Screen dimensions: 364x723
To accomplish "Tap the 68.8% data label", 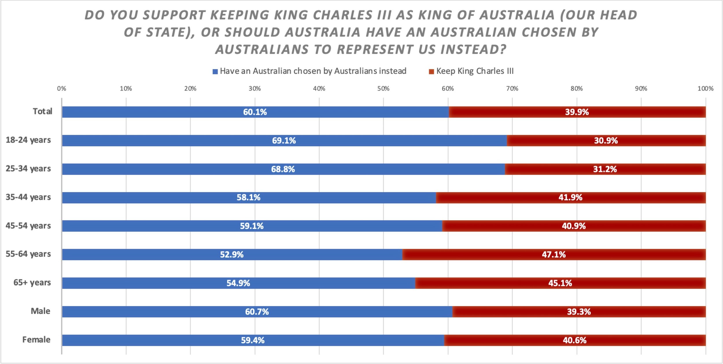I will click(x=283, y=169).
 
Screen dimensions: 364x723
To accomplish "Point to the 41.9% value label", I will click(x=570, y=198).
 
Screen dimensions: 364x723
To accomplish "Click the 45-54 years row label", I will click(x=28, y=226).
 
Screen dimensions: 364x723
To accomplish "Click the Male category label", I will click(x=40, y=311).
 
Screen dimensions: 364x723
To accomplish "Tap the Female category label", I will click(x=36, y=340).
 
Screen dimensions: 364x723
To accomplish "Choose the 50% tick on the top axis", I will click(x=383, y=89).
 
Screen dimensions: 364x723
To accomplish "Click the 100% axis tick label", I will click(x=705, y=89).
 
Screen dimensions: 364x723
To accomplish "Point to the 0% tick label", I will click(x=61, y=89).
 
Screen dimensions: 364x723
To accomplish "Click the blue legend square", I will click(x=215, y=72).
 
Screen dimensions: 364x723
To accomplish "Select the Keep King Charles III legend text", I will click(x=475, y=71).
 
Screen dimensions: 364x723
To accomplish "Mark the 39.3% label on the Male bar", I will click(x=579, y=312).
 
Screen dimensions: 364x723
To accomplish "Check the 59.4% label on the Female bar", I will click(x=253, y=340).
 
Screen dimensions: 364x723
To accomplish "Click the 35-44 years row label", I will click(x=28, y=197).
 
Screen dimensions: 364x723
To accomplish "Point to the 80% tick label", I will click(x=576, y=89).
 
